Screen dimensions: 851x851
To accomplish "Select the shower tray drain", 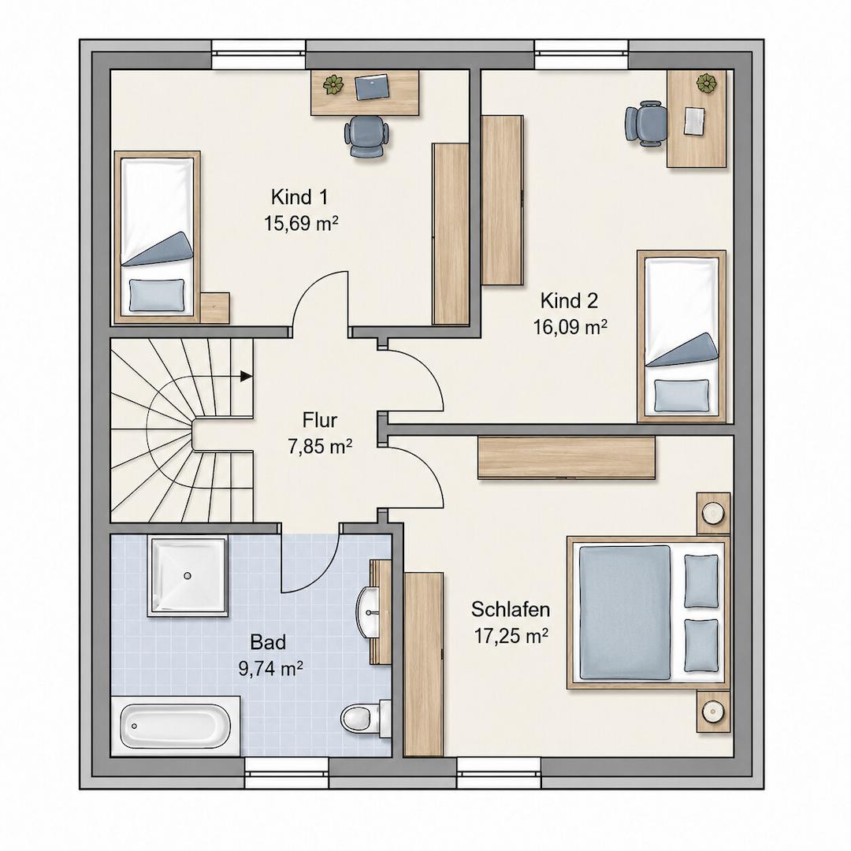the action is (x=188, y=575).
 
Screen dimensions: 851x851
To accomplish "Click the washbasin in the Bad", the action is (x=372, y=612).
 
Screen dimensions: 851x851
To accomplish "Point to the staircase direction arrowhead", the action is (x=247, y=376).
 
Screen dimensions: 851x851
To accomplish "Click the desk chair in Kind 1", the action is (x=367, y=137).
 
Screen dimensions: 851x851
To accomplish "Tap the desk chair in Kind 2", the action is (x=646, y=124).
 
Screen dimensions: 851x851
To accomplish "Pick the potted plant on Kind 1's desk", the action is (x=333, y=84).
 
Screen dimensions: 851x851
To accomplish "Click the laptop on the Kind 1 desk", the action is (x=372, y=87).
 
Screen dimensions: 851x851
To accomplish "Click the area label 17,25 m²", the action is (x=511, y=635).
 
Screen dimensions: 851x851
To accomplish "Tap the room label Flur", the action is (x=320, y=420).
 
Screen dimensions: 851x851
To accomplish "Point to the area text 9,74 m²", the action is (x=270, y=668).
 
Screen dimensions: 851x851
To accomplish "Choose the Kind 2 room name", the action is (x=569, y=300).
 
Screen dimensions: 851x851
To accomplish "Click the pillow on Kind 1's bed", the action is (x=157, y=295).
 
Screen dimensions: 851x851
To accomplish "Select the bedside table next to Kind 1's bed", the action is (x=214, y=308).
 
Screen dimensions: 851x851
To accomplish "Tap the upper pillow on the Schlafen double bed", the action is (x=701, y=581).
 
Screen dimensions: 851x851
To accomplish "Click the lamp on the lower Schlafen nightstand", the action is (x=712, y=710).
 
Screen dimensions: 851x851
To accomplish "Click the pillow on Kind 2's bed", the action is (x=682, y=395).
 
